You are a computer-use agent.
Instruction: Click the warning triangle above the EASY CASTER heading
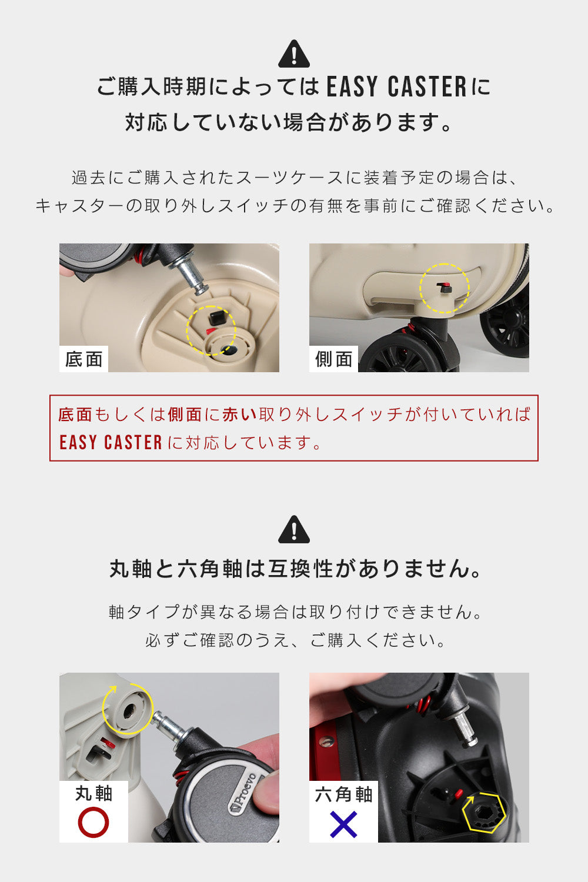(x=294, y=54)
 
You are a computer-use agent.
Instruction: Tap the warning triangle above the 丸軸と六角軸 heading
(x=294, y=529)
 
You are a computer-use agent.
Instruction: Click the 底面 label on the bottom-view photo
(x=83, y=359)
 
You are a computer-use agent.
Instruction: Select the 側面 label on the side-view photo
(x=333, y=359)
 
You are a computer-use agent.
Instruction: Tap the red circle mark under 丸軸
(x=93, y=822)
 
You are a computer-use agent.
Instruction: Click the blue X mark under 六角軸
(x=343, y=824)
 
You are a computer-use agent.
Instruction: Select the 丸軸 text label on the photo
(x=93, y=793)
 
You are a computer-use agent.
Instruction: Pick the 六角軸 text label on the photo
(x=343, y=794)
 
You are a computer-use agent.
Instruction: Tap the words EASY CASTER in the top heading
(x=397, y=86)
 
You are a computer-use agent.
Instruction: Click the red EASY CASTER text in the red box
(x=111, y=443)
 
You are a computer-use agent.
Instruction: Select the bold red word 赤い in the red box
(x=239, y=415)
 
